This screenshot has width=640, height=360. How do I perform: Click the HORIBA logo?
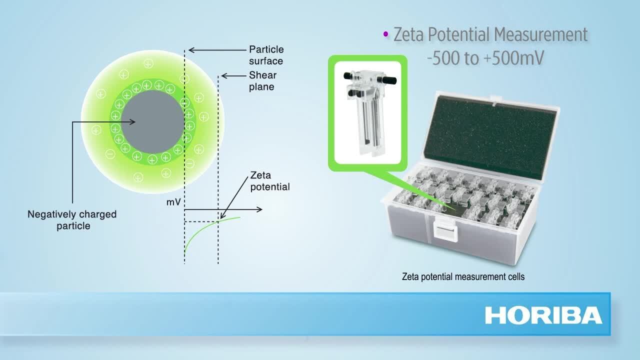[543, 315]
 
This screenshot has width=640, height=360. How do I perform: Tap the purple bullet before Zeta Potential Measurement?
[385, 34]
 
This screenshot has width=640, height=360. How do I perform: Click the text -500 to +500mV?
[485, 58]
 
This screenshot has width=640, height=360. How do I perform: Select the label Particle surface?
[266, 55]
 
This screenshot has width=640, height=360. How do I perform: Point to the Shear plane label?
[263, 81]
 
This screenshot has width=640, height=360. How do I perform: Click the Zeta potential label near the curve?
[270, 181]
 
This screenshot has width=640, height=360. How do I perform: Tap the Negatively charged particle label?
[72, 220]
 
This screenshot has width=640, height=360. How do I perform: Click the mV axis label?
[173, 202]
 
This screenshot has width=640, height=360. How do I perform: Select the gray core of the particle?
[153, 122]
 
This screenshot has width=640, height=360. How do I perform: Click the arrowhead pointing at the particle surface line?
[191, 50]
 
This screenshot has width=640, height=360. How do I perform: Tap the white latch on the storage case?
[444, 228]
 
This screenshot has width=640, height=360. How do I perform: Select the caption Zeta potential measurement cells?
[463, 276]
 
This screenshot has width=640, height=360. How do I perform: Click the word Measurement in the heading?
[540, 34]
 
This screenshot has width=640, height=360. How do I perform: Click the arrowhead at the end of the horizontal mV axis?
[259, 209]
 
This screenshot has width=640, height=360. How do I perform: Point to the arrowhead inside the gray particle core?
[132, 122]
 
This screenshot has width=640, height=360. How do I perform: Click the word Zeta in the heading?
[408, 34]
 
